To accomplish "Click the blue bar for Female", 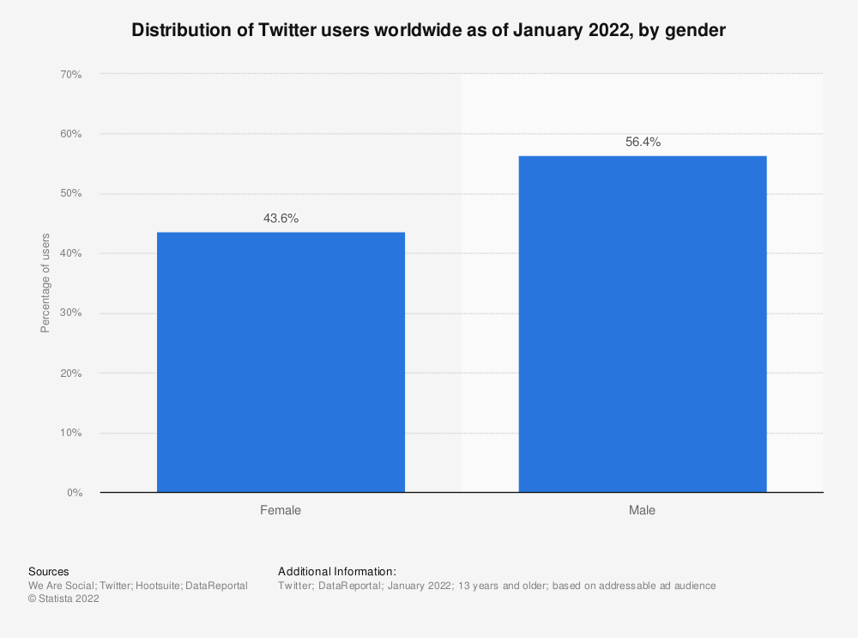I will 281,362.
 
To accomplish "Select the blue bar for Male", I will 642,324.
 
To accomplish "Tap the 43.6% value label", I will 281,218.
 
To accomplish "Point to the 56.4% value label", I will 642,143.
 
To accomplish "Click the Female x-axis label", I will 281,510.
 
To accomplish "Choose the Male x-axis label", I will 642,510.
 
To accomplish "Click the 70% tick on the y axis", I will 70,75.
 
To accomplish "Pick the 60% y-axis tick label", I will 70,134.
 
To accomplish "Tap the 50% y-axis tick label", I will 70,194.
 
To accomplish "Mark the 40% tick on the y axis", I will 70,253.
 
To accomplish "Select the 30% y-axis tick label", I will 70,313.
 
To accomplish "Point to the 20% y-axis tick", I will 70,374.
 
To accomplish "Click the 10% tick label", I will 70,433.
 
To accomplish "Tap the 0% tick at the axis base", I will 73,493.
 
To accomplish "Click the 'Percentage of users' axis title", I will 45,283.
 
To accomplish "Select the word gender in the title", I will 699,31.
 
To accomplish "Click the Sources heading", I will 49,571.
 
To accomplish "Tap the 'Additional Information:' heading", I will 337,571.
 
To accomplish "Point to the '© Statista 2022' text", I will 63,599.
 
